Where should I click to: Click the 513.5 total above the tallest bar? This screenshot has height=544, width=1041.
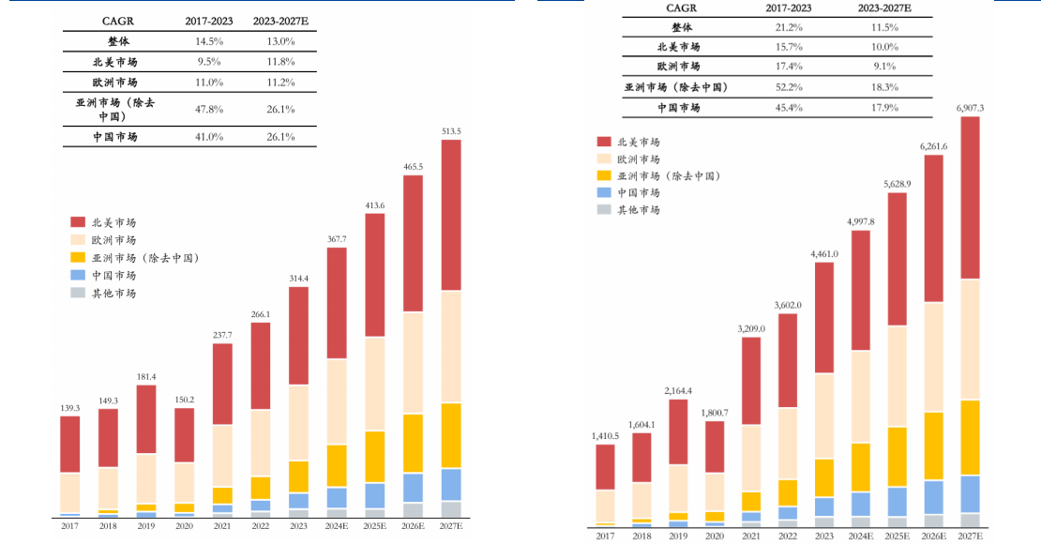(451, 131)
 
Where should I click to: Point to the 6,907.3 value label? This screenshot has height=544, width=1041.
(970, 109)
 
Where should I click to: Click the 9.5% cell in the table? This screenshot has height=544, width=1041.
(208, 62)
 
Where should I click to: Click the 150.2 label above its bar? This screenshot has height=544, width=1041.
(184, 400)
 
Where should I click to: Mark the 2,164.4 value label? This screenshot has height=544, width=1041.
(678, 390)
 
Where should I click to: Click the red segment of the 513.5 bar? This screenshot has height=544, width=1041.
(451, 215)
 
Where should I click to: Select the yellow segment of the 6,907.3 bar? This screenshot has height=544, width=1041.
(970, 437)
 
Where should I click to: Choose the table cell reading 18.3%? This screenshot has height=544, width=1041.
(884, 87)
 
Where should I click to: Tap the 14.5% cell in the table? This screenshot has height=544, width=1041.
(208, 41)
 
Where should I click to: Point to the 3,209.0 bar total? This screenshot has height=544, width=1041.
(752, 328)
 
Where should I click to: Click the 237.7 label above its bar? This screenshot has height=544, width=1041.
(222, 335)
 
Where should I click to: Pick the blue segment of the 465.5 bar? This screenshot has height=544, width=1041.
(413, 488)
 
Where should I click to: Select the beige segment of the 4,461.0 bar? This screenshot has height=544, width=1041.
(825, 416)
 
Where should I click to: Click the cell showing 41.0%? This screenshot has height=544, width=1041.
(208, 137)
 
